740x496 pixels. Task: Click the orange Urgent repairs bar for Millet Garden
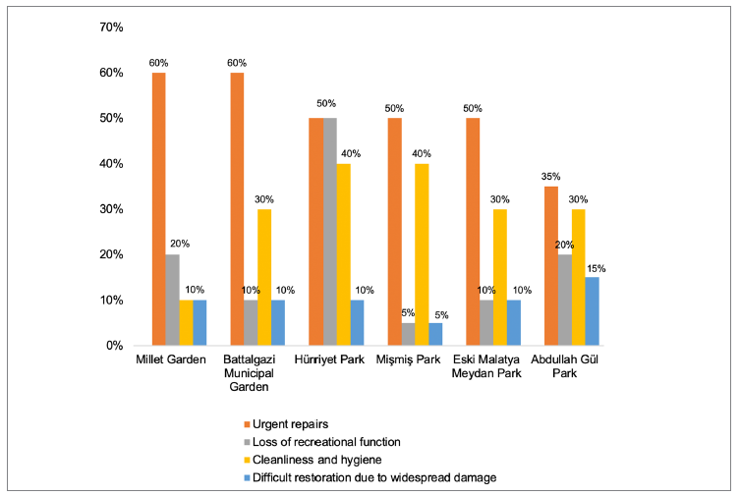click(x=158, y=209)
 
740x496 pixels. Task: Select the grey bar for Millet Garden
click(x=172, y=300)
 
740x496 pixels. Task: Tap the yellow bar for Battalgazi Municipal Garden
click(x=264, y=277)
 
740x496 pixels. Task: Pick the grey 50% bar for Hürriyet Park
click(x=329, y=232)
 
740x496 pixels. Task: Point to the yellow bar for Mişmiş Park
click(x=422, y=254)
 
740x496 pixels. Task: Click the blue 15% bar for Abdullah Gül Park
click(x=592, y=311)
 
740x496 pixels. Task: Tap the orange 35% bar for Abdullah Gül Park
click(x=551, y=265)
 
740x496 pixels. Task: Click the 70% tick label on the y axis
click(x=110, y=28)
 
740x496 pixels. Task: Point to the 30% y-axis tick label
click(x=110, y=209)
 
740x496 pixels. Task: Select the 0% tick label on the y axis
click(x=113, y=346)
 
